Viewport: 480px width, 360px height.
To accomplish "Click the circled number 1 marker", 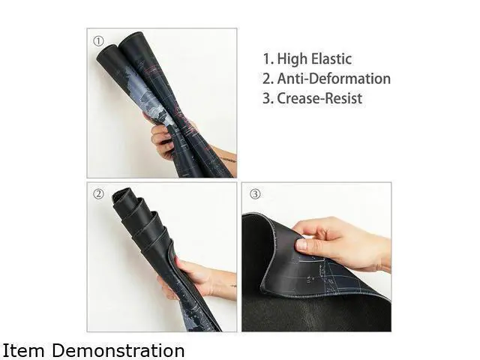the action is (x=98, y=41).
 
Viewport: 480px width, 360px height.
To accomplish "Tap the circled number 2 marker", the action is (x=98, y=193).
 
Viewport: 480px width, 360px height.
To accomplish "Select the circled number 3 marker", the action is (x=255, y=193).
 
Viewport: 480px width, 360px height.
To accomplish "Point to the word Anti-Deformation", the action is (x=334, y=79).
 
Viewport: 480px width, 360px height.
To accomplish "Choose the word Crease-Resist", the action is (x=319, y=98).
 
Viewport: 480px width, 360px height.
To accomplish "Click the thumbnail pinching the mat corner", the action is (x=301, y=244).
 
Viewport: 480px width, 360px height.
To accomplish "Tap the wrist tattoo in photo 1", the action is (x=228, y=160).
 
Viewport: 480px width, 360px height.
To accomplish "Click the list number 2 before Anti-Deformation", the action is (x=267, y=79).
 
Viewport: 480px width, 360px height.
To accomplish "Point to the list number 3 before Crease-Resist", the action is (x=267, y=98).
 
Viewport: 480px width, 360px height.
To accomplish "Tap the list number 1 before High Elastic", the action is (x=267, y=59).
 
